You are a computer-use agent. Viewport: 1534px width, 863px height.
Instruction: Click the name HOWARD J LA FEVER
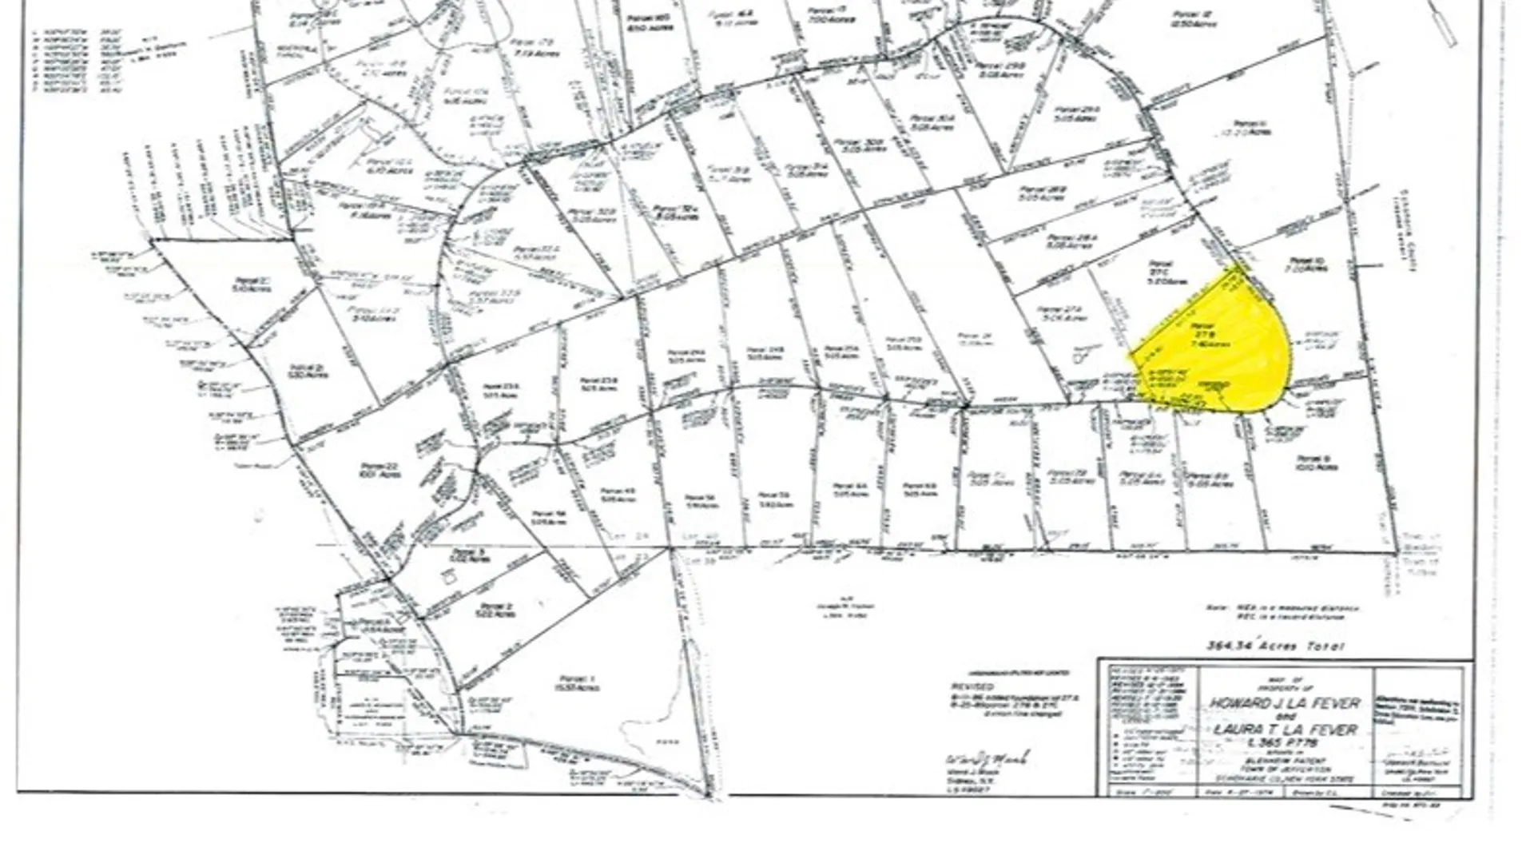(1284, 704)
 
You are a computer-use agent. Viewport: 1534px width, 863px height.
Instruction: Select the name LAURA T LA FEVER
(1284, 730)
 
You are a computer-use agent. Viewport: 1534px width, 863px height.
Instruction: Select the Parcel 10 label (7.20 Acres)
(1307, 264)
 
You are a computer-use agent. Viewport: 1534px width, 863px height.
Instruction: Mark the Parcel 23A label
(501, 390)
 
